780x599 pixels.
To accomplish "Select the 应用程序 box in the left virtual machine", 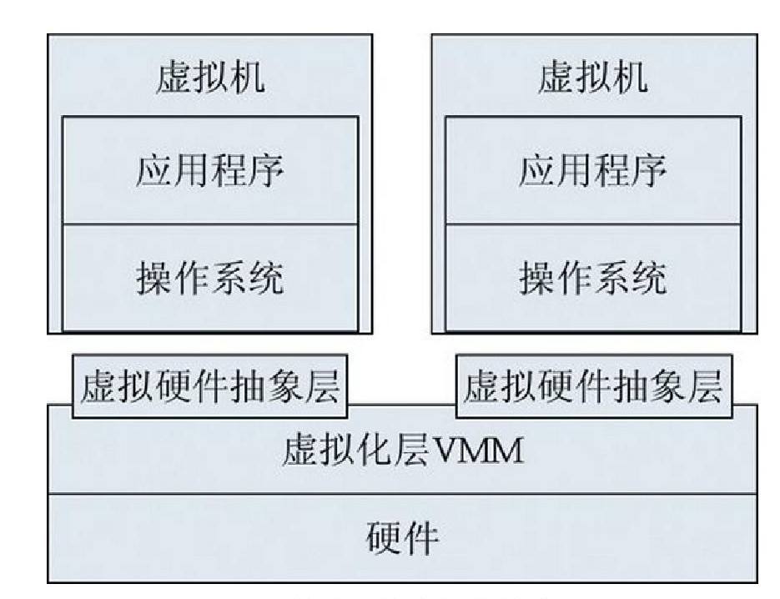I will (210, 171).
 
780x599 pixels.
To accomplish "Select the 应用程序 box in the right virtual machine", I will (592, 171).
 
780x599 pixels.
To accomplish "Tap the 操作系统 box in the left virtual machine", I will (210, 277).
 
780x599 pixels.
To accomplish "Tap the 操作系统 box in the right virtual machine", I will (592, 277).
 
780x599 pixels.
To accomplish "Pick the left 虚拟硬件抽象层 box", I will (210, 387).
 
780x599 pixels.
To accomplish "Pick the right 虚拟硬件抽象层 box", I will (593, 387).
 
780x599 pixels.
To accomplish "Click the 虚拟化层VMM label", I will (402, 451).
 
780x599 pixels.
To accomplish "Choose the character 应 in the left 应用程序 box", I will (154, 171).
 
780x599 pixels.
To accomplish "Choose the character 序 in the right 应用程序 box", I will (648, 171).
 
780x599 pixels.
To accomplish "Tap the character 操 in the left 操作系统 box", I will (154, 277).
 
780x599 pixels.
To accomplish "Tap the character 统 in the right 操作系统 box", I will (648, 277).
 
